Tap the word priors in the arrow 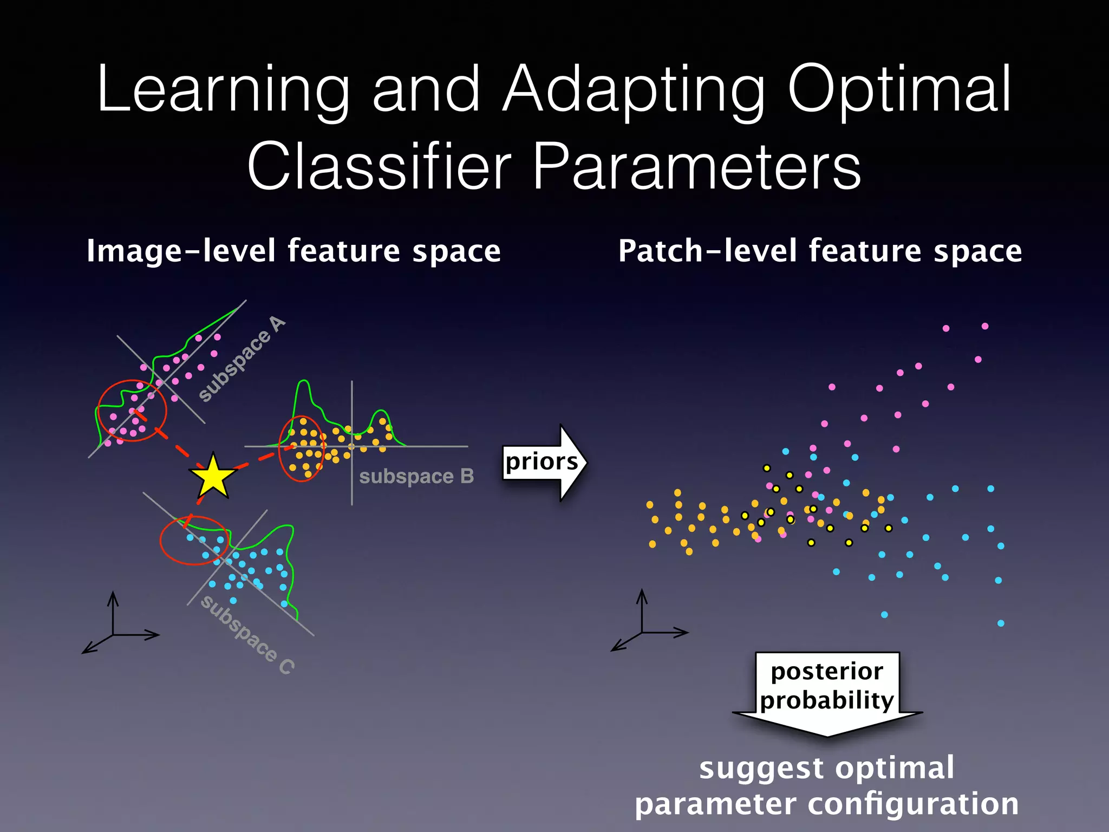pos(541,461)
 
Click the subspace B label pos(416,476)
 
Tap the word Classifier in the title pos(379,166)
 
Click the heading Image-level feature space pos(293,251)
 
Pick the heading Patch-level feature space pos(820,251)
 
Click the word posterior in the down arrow pos(827,672)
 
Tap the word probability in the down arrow pos(827,700)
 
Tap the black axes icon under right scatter pos(643,626)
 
